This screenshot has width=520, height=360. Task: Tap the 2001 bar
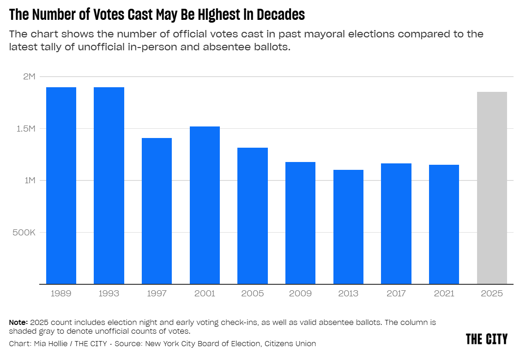click(x=205, y=205)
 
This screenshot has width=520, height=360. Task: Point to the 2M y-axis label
click(x=29, y=77)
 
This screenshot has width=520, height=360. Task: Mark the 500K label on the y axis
click(x=24, y=232)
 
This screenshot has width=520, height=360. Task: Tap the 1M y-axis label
click(x=29, y=180)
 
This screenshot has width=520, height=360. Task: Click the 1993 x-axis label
click(x=109, y=294)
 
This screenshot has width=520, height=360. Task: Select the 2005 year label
click(x=253, y=294)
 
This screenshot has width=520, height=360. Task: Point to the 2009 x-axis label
click(x=300, y=294)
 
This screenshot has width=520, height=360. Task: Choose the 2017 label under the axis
click(x=396, y=294)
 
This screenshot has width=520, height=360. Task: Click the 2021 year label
click(x=444, y=294)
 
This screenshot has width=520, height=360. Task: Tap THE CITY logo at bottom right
click(x=486, y=339)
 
